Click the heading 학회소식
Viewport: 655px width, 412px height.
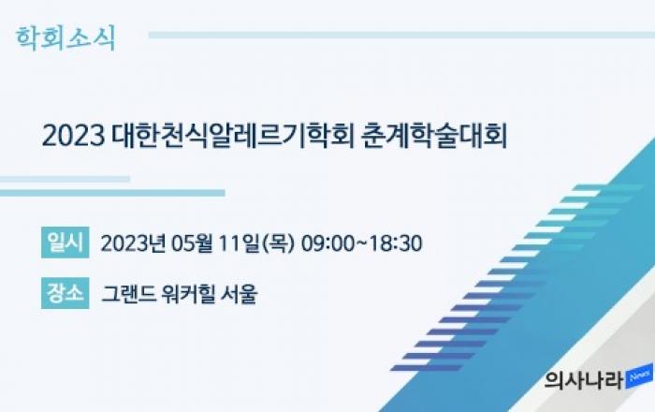click(x=65, y=39)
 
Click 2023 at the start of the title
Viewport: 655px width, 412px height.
click(x=73, y=136)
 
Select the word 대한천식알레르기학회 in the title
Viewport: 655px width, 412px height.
click(x=233, y=136)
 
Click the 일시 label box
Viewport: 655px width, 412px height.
click(x=65, y=243)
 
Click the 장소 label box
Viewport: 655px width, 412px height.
click(x=65, y=293)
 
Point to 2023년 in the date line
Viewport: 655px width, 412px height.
click(x=134, y=243)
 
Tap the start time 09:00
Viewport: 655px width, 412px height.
click(x=327, y=243)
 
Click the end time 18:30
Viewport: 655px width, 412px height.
click(x=396, y=243)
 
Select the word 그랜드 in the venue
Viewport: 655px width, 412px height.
click(x=129, y=294)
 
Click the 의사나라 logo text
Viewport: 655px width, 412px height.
click(x=584, y=379)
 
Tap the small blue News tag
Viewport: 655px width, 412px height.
click(x=639, y=375)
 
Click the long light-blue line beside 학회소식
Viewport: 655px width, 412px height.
click(x=401, y=35)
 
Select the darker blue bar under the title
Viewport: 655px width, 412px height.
click(x=112, y=193)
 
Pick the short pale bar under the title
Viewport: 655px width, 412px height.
click(x=65, y=179)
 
